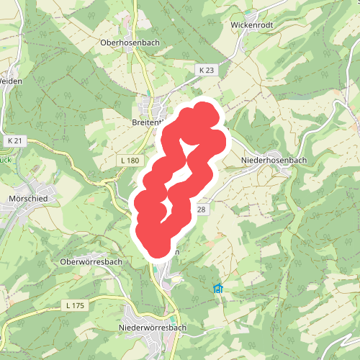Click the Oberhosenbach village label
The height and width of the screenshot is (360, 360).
click(x=130, y=42)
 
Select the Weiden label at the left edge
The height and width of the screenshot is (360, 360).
click(x=11, y=81)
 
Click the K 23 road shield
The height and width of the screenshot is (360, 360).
click(x=206, y=70)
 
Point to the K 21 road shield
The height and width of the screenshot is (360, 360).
click(x=15, y=140)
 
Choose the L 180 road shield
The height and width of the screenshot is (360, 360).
click(x=130, y=160)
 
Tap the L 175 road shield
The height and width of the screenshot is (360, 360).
click(x=74, y=306)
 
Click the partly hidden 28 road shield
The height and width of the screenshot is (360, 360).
click(x=201, y=210)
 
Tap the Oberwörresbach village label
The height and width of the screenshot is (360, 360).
click(x=91, y=262)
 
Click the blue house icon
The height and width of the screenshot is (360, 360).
click(x=218, y=289)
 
